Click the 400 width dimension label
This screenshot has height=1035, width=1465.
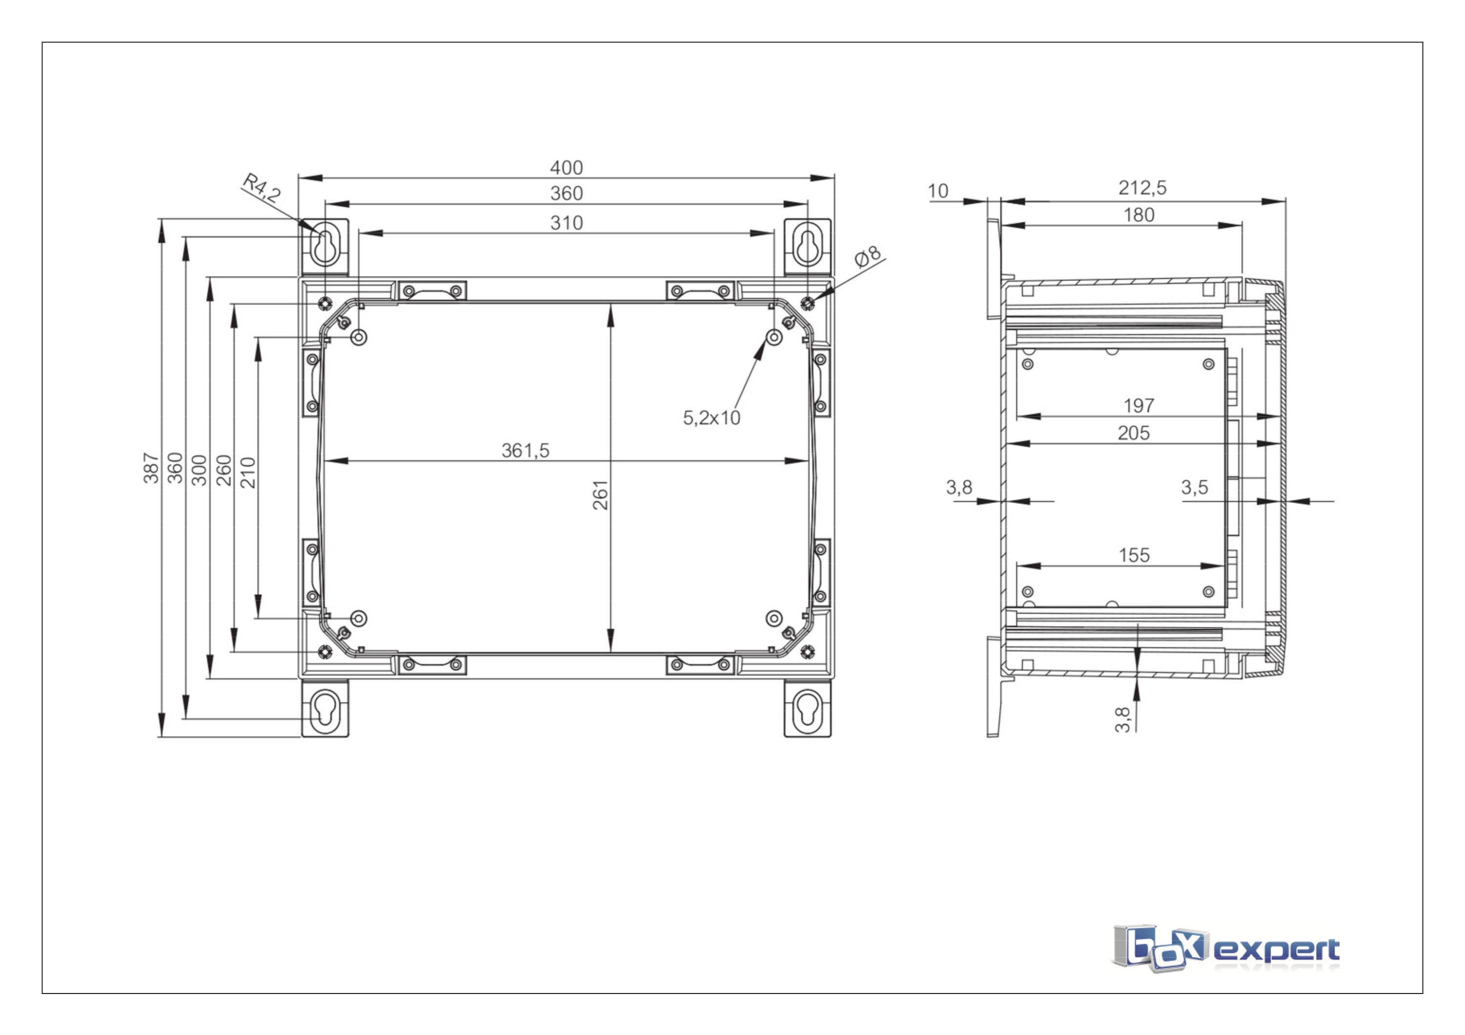566,168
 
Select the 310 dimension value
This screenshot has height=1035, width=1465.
566,223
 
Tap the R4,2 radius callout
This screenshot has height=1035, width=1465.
261,187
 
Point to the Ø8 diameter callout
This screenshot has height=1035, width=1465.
868,256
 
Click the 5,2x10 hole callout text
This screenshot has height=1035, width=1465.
712,418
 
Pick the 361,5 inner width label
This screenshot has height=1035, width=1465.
525,450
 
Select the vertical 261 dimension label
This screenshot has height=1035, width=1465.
601,495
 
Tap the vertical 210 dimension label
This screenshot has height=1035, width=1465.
248,473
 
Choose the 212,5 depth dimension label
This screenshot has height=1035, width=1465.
1142,187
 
